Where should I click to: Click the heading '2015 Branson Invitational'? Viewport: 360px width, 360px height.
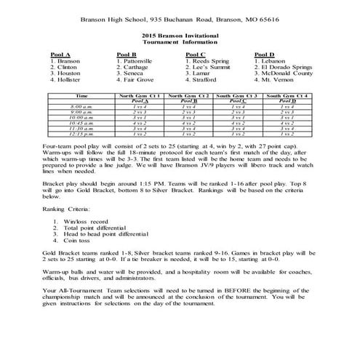[x=180, y=34]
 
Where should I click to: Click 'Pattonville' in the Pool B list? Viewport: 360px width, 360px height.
[x=139, y=61]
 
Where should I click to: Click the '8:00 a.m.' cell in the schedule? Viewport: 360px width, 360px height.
[x=81, y=107]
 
